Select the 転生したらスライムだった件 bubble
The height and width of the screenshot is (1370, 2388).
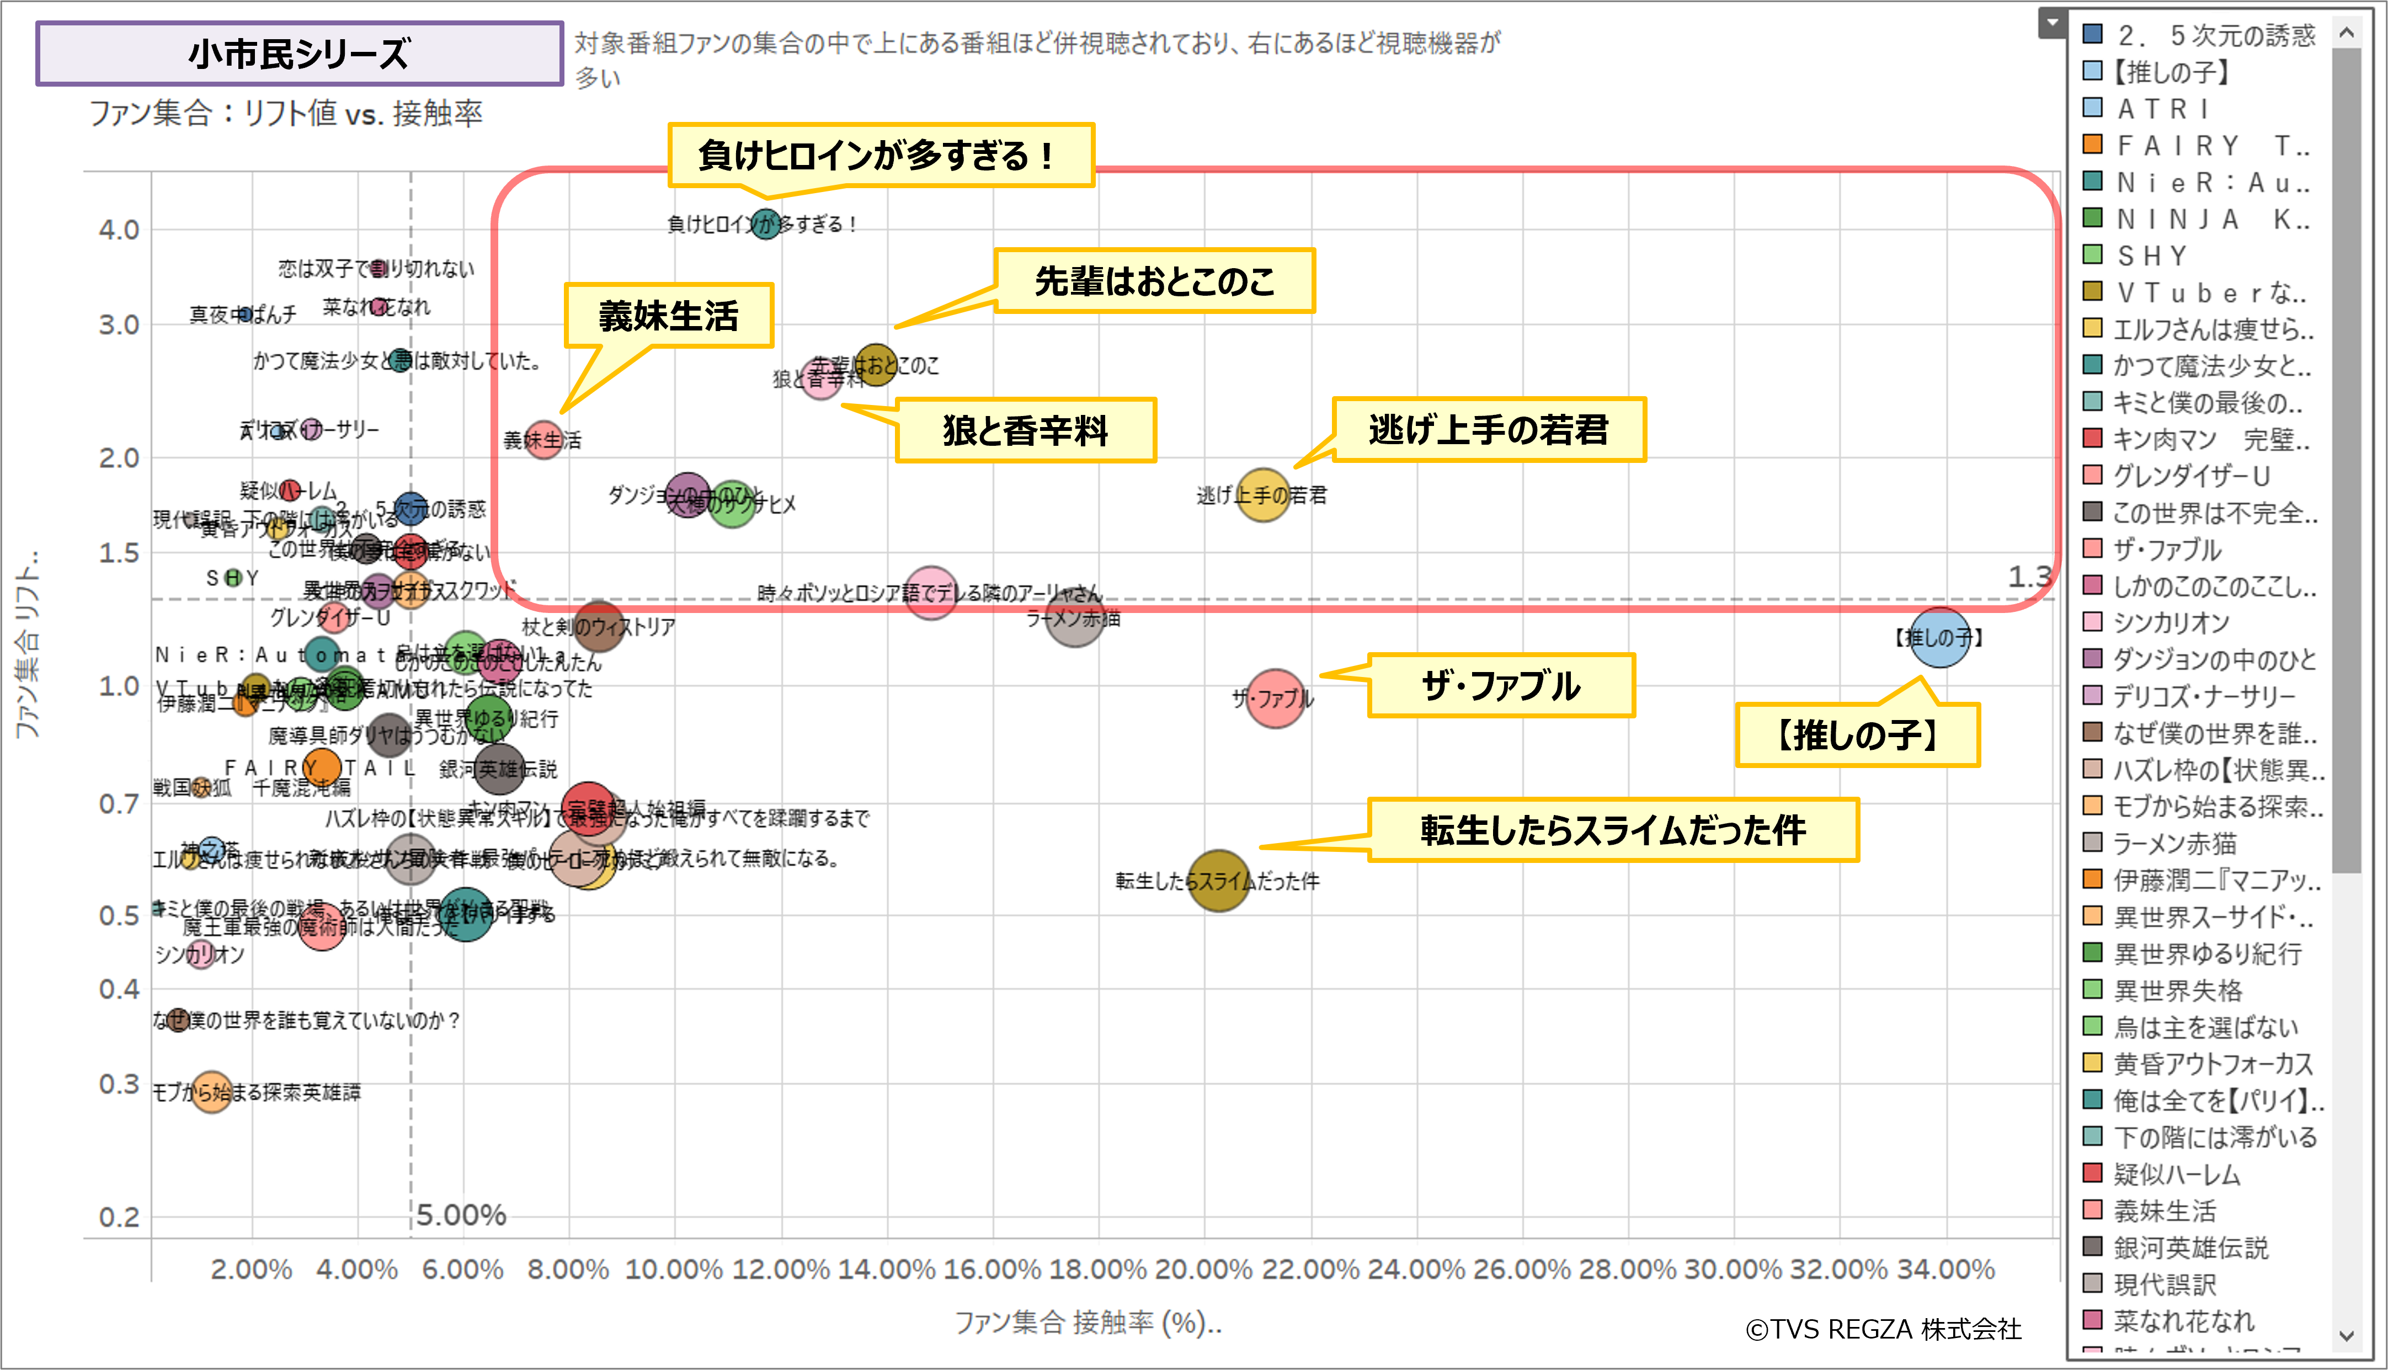(x=1218, y=881)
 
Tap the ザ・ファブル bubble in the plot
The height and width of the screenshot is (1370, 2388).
(x=1275, y=698)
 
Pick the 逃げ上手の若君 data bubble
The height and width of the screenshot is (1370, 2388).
(x=1262, y=495)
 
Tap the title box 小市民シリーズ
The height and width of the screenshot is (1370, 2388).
(x=299, y=54)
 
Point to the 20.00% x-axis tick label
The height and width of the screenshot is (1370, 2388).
(x=1203, y=1270)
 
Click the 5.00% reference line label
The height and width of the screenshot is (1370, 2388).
(x=461, y=1215)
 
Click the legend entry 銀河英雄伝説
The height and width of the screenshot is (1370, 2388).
(x=2190, y=1248)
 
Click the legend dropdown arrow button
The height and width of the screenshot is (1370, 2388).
(x=2052, y=22)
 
